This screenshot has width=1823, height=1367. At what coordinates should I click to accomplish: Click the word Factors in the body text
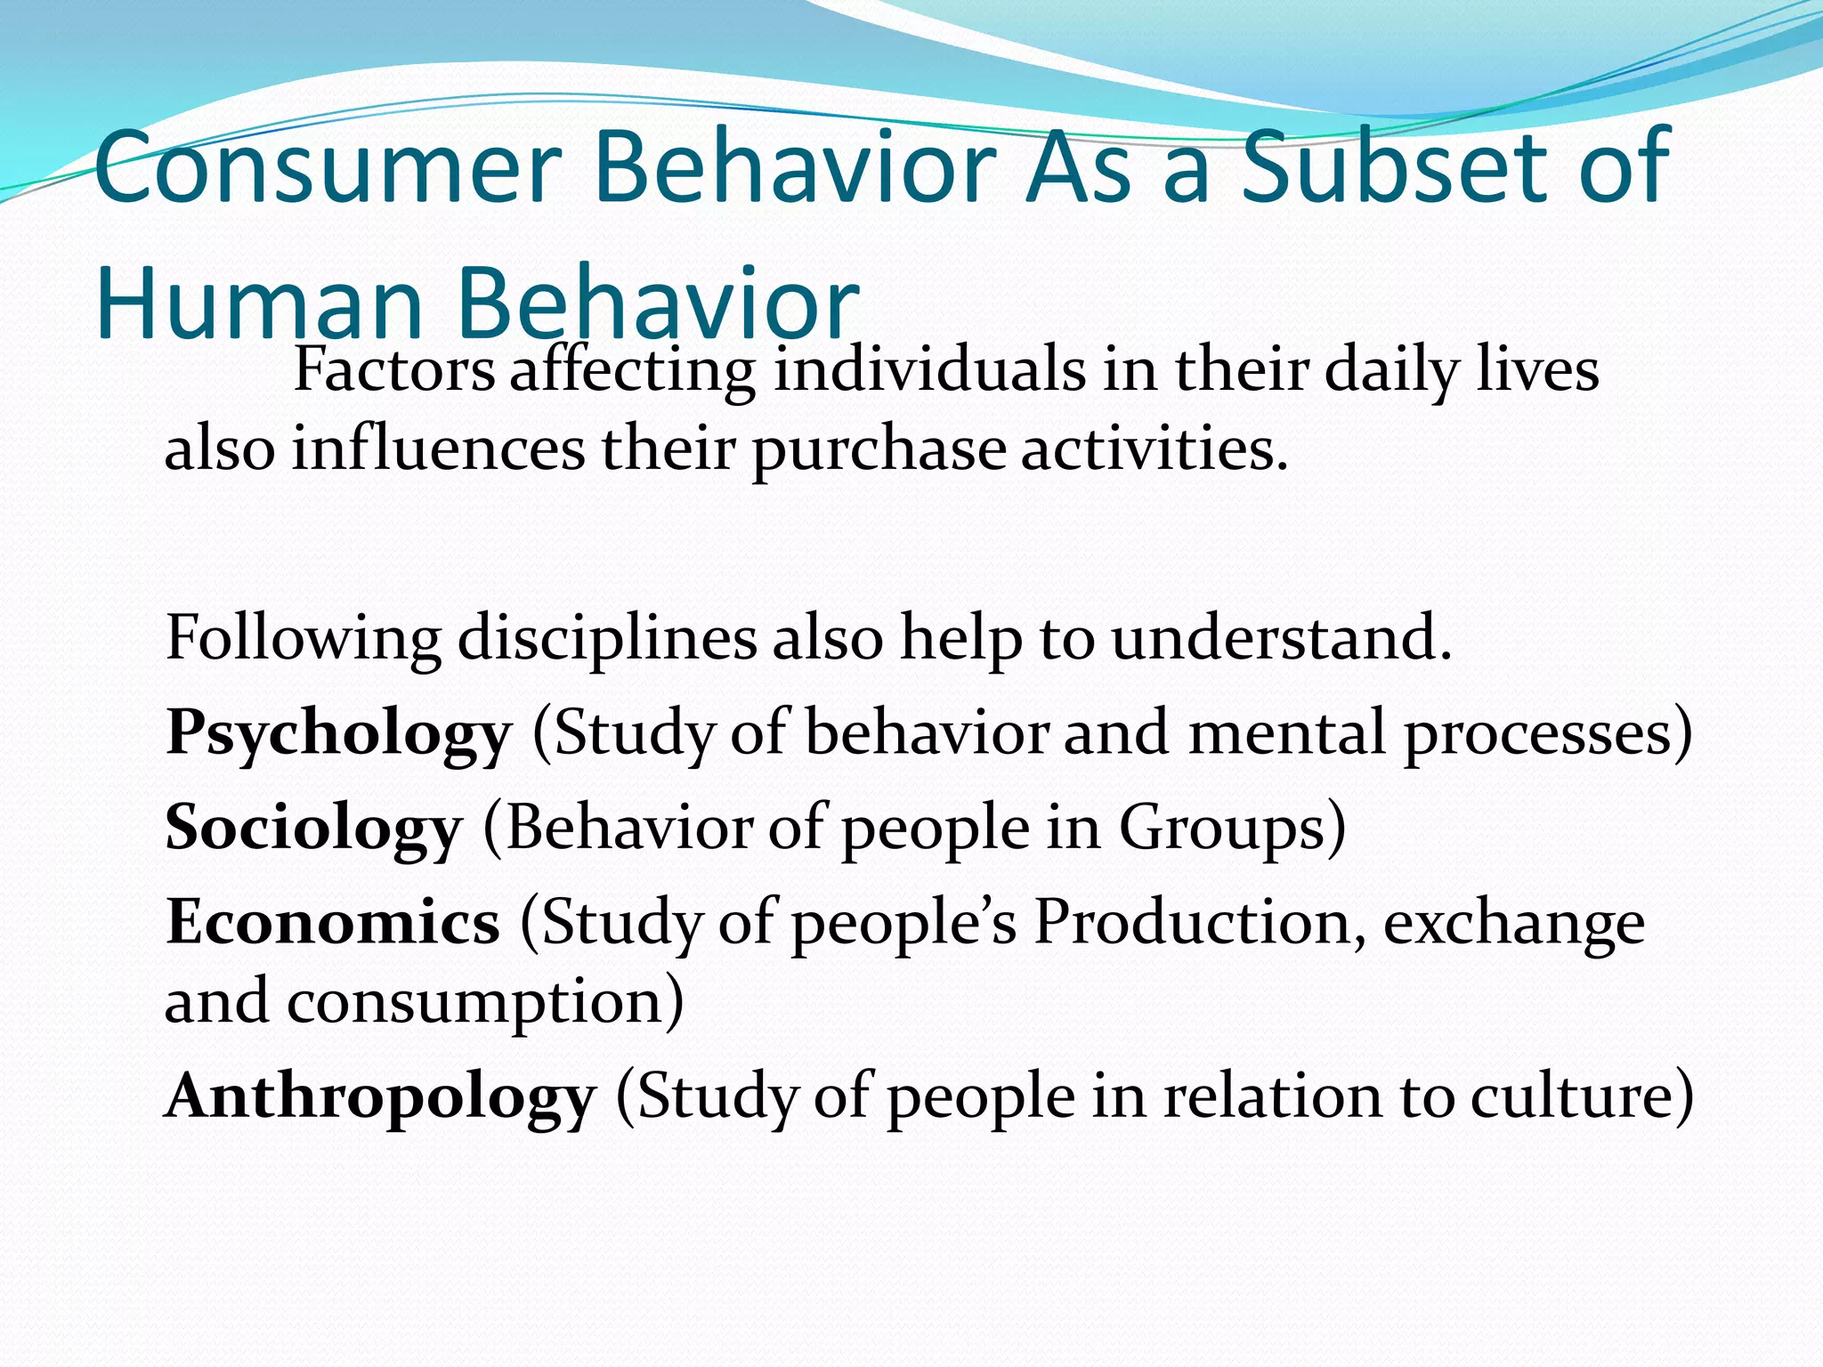(393, 370)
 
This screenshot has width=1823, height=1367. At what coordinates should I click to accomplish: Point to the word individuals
(929, 370)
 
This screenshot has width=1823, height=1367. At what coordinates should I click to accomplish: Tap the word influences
(438, 449)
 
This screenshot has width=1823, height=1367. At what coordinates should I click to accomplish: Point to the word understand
(1280, 639)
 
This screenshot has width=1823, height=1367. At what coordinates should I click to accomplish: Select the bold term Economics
(333, 922)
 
